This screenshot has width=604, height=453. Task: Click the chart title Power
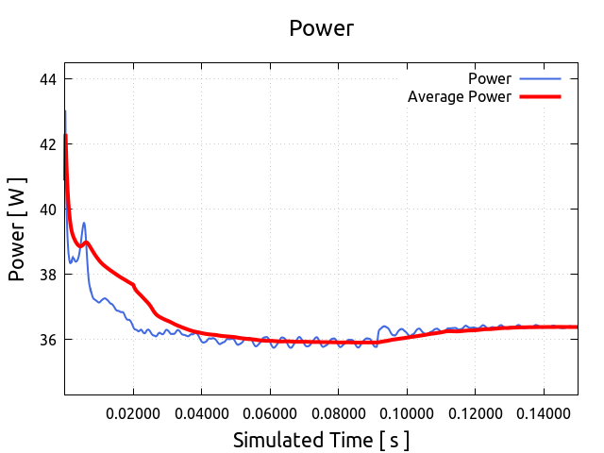pyautogui.click(x=321, y=28)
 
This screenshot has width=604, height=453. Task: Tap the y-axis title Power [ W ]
pyautogui.click(x=17, y=229)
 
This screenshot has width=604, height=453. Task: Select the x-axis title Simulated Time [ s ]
pyautogui.click(x=321, y=440)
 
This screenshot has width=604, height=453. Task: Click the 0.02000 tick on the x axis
pyautogui.click(x=133, y=412)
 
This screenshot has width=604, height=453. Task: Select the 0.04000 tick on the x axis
pyautogui.click(x=201, y=412)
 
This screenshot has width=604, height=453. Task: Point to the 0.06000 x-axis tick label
pyautogui.click(x=270, y=412)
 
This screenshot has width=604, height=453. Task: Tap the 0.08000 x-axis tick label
pyautogui.click(x=338, y=412)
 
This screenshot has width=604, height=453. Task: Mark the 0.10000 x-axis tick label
pyautogui.click(x=407, y=412)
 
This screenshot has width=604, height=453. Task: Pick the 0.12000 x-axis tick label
pyautogui.click(x=475, y=412)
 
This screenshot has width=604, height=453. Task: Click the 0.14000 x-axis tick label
pyautogui.click(x=543, y=412)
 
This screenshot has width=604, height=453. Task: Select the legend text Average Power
pyautogui.click(x=459, y=96)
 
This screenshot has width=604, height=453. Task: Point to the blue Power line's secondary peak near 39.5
pyautogui.click(x=84, y=224)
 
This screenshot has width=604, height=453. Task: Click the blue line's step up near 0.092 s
pyautogui.click(x=378, y=332)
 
